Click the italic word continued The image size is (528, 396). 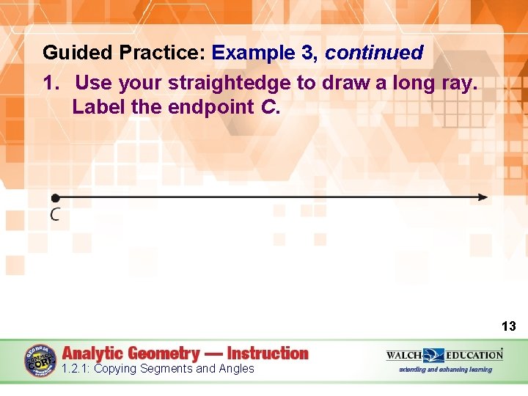coord(374,53)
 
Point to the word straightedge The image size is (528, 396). coord(230,83)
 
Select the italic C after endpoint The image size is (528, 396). coord(268,107)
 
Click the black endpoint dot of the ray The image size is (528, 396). coord(55,197)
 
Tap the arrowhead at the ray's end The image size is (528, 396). coord(482,197)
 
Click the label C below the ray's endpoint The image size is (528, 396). coord(55,214)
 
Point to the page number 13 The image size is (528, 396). coord(508,326)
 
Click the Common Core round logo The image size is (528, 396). coord(40,361)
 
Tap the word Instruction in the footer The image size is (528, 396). coord(268,353)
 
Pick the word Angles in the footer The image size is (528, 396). coord(235,369)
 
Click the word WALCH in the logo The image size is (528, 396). coord(404,355)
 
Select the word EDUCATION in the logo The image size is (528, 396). coord(474,355)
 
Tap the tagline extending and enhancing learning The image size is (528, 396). coord(445,370)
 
